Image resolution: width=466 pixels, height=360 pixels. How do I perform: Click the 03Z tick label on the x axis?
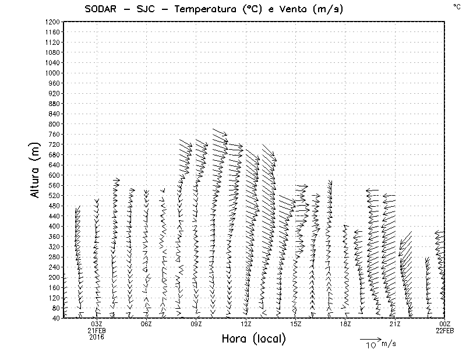point(97,324)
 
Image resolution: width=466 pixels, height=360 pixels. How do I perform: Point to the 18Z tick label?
point(345,324)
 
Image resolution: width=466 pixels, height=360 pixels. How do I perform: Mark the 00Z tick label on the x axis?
point(445,324)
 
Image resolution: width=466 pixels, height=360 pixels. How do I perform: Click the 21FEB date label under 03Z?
point(97,330)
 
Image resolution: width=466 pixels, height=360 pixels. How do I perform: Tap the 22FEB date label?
point(445,330)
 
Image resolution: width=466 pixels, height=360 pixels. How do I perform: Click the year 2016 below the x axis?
point(97,337)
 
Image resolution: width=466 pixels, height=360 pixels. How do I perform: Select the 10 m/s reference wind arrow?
point(370,339)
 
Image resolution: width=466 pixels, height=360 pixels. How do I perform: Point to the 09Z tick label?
point(196,324)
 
